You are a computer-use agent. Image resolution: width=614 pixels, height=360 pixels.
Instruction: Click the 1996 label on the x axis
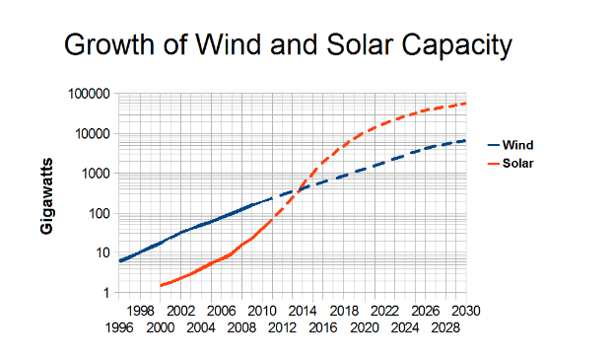click(x=118, y=326)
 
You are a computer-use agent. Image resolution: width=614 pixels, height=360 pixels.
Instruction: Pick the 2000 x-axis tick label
click(x=160, y=326)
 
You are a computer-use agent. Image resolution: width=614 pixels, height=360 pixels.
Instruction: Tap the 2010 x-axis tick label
click(x=261, y=311)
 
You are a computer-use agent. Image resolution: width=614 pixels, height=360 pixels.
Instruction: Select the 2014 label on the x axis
click(x=302, y=311)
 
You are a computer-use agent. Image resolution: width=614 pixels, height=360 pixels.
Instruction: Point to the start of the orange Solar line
click(x=160, y=285)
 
